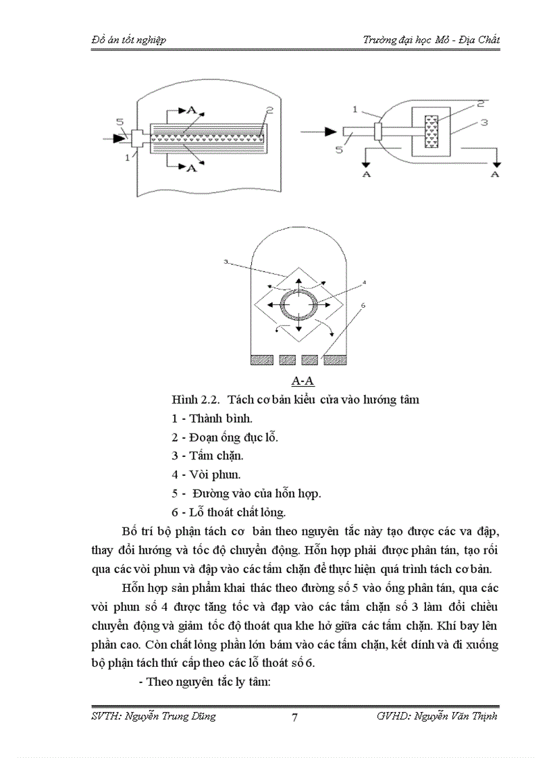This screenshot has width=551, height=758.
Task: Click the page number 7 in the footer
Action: click(x=294, y=718)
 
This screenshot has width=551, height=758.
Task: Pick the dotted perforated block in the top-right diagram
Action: click(x=431, y=131)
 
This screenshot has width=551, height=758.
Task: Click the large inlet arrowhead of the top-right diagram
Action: click(x=332, y=131)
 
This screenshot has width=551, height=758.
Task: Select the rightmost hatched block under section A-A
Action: click(x=335, y=360)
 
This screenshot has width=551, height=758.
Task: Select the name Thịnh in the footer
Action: click(x=480, y=716)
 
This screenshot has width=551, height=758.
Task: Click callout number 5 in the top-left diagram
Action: click(x=119, y=122)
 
